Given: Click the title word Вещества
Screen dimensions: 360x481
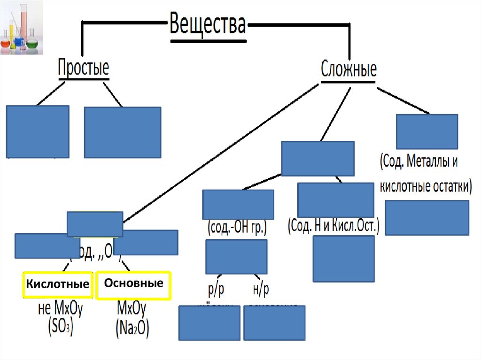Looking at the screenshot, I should click(x=207, y=25).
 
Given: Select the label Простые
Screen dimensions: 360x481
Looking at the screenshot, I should click(x=83, y=69).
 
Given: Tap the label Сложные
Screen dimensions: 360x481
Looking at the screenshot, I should click(x=349, y=69).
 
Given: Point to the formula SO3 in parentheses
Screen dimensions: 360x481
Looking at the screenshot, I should click(x=60, y=327).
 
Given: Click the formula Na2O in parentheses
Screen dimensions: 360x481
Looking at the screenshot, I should click(x=132, y=327).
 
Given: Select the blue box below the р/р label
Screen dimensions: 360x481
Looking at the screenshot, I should click(x=209, y=323).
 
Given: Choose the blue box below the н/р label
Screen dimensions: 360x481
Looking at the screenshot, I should click(x=274, y=323).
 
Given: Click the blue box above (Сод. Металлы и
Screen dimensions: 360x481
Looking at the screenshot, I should click(x=427, y=131).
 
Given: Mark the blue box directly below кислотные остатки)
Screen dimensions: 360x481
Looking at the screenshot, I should click(x=427, y=218).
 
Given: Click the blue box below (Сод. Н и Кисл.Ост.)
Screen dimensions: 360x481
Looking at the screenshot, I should click(x=343, y=259).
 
